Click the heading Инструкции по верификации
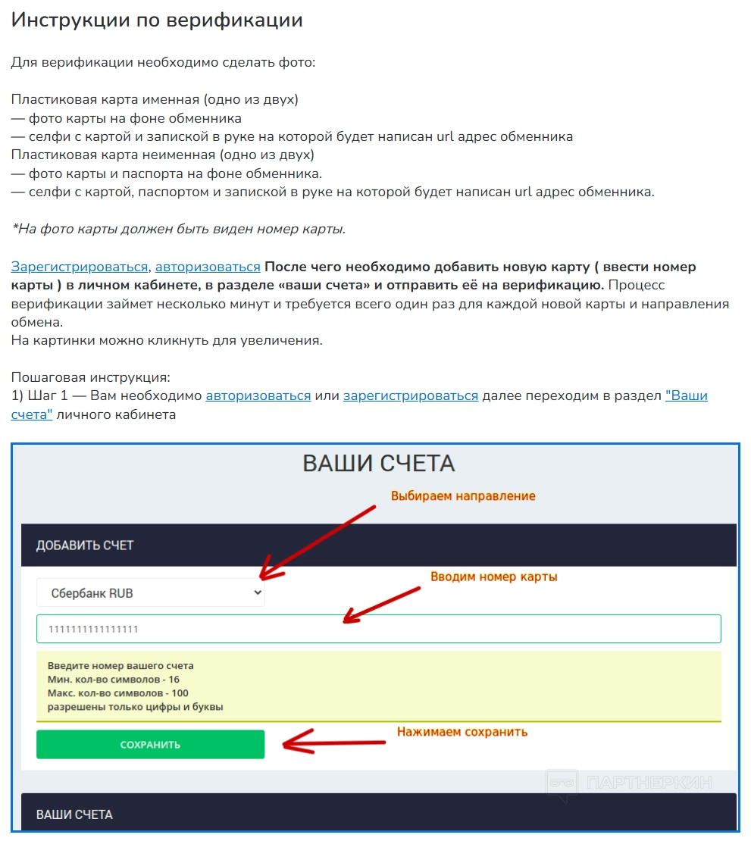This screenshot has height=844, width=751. [x=157, y=20]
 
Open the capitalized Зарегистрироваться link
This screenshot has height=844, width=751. [x=80, y=267]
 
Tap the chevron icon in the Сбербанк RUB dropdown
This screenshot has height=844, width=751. [x=258, y=592]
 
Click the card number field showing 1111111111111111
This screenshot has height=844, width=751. [x=378, y=629]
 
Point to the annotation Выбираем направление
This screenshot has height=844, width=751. [x=463, y=496]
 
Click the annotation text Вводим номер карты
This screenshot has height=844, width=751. [x=493, y=577]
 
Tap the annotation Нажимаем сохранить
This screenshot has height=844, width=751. [x=462, y=732]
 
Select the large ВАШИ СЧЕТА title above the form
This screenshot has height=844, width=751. [x=378, y=464]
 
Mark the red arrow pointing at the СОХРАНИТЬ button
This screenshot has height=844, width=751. [x=337, y=741]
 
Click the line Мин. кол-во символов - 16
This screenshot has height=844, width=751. [x=113, y=680]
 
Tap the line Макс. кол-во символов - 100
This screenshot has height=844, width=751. [x=117, y=693]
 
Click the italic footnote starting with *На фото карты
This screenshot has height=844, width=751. [x=178, y=229]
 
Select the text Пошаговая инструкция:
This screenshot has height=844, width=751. [x=90, y=377]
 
